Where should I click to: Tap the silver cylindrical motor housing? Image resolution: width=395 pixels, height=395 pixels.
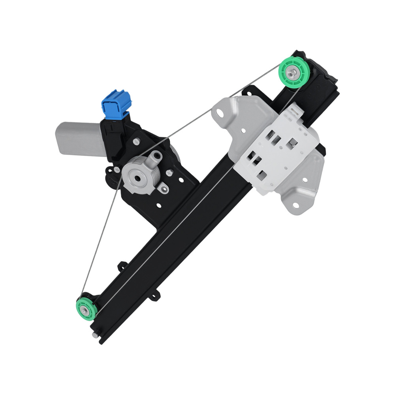[79, 139]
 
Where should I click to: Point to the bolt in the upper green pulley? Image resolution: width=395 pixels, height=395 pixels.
[293, 72]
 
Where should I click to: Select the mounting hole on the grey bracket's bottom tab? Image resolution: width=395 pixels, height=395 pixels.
[294, 205]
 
